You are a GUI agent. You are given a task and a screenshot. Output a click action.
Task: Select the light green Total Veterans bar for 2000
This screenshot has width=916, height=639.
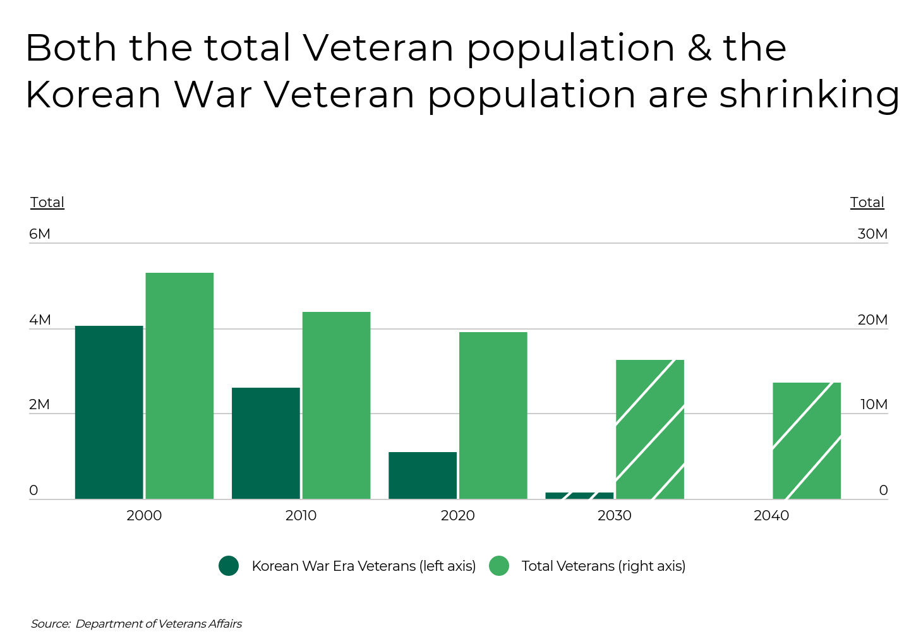[179, 386]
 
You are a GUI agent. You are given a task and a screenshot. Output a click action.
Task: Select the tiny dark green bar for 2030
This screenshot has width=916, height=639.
[579, 496]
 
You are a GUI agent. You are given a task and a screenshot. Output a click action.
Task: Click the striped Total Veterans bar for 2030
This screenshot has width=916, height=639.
[650, 429]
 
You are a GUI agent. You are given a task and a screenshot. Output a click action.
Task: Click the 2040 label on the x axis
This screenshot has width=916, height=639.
[771, 515]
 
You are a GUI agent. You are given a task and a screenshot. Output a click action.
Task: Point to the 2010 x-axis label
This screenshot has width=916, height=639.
[301, 515]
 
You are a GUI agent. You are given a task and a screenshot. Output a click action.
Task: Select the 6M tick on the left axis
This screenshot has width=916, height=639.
[39, 234]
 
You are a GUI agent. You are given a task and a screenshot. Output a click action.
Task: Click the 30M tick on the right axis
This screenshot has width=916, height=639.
[872, 234]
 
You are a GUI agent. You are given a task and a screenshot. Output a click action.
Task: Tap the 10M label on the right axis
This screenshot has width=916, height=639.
[874, 405]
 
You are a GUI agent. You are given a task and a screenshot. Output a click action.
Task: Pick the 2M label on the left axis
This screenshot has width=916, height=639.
[39, 405]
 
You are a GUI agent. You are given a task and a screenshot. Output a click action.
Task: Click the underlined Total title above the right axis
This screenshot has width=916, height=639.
[867, 203]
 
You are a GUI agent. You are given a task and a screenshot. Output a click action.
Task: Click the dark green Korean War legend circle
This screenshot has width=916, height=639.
[229, 566]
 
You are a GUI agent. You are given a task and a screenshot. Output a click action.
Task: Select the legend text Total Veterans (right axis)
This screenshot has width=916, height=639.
[603, 566]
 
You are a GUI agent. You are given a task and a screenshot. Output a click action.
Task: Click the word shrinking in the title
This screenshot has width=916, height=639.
[809, 95]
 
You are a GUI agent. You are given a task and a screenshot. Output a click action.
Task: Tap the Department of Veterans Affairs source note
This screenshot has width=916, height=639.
[159, 624]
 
